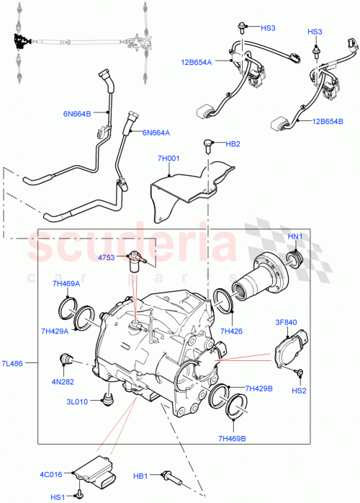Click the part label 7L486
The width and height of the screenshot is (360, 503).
click(x=13, y=364)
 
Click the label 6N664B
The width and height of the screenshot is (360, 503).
click(x=77, y=112)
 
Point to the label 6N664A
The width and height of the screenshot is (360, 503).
click(x=156, y=133)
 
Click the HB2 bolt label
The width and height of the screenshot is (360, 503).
click(x=233, y=143)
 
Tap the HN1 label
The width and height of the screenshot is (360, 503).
click(x=296, y=237)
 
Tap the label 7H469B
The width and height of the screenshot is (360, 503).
click(x=233, y=438)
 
